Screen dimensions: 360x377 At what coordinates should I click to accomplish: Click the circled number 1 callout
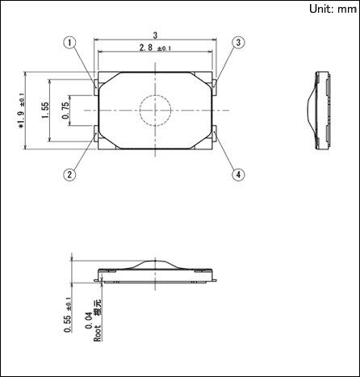point(69,43)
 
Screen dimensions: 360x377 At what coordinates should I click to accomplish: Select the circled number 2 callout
point(69,174)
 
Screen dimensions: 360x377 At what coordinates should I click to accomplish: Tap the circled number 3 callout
point(238,43)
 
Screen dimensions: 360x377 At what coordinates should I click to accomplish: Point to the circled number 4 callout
point(238,174)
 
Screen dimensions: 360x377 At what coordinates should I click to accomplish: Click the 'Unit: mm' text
point(333,9)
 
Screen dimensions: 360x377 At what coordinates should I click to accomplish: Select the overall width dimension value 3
point(155,36)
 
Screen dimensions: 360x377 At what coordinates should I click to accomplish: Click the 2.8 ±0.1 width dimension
point(155,48)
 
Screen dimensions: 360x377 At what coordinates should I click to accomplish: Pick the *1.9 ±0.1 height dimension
point(21,111)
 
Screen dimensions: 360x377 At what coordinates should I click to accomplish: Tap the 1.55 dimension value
point(45,110)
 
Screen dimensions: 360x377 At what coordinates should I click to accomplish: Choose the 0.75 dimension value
point(65,111)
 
